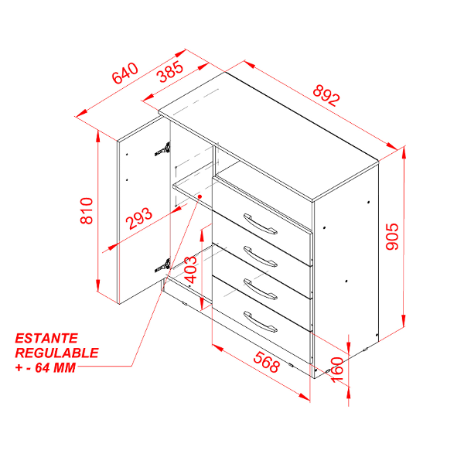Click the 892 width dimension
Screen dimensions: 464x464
point(326,95)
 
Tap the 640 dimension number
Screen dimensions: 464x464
point(125,73)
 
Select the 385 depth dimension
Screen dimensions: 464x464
point(172,71)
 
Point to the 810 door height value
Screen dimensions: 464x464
point(87,210)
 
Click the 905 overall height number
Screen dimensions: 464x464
point(393,237)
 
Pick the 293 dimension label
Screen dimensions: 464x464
point(139,218)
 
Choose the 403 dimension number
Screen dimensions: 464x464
point(190,270)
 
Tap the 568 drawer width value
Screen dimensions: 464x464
point(266,362)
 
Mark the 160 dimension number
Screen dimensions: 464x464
point(336,370)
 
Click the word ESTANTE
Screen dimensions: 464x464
point(46,338)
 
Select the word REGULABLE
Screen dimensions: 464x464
point(56,353)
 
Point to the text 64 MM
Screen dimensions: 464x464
point(56,367)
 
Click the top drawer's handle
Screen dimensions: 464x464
point(260,224)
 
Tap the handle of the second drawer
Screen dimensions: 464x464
point(260,257)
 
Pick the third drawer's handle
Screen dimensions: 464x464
point(260,289)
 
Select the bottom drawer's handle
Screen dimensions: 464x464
point(260,322)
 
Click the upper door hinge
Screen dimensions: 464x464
point(162,149)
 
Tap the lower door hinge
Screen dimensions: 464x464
point(162,265)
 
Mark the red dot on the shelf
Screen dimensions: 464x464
point(200,196)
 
